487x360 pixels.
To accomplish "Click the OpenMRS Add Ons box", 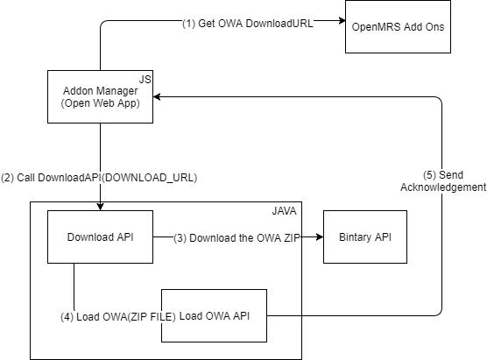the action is pos(398,26).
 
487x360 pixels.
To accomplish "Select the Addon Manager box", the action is pos(100,96).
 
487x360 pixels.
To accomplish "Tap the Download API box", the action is pos(100,237).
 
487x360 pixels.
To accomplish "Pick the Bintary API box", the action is pos(365,237).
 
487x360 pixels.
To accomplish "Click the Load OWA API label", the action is pos(215,316).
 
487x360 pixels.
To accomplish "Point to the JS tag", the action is pos(145,80).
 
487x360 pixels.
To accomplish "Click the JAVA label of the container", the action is pos(284,211).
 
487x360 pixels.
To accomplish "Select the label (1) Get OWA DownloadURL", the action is pos(248,24).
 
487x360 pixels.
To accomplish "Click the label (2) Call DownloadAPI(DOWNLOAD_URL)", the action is pos(99,178).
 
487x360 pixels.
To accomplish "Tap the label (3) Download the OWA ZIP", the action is pos(236,238).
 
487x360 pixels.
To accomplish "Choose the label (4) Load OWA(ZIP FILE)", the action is pos(118,317).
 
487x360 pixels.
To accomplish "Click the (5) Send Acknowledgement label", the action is pos(443,181).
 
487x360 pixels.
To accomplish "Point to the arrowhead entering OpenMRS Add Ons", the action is pos(342,21).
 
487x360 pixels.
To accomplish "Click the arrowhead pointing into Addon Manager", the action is pos(157,97).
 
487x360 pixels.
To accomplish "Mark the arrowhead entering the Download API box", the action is pos(100,207).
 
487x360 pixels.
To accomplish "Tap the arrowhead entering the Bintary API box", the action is pos(320,237).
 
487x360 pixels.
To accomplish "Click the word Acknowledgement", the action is pos(443,187).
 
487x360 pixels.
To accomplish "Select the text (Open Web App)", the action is pos(101,103).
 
